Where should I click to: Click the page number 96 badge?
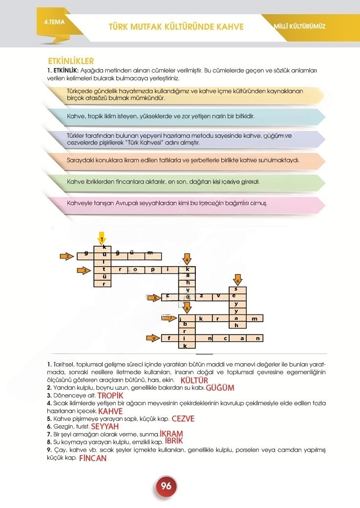tap(166, 486)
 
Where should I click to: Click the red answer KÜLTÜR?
tap(194, 380)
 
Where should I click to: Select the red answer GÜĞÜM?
tap(220, 388)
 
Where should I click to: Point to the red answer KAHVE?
tap(110, 411)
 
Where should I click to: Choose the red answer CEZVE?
tap(183, 419)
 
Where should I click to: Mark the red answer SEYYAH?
tap(105, 426)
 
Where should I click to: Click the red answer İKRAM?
tap(171, 434)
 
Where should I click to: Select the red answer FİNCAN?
tap(92, 459)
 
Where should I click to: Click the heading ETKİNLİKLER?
tap(71, 61)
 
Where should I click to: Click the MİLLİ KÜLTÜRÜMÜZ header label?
tap(300, 26)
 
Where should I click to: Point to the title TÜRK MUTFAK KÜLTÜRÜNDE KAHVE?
tap(176, 26)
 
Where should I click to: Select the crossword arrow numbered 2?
tap(68, 256)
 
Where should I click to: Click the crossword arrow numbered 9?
tap(154, 338)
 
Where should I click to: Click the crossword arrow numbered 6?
tap(237, 280)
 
